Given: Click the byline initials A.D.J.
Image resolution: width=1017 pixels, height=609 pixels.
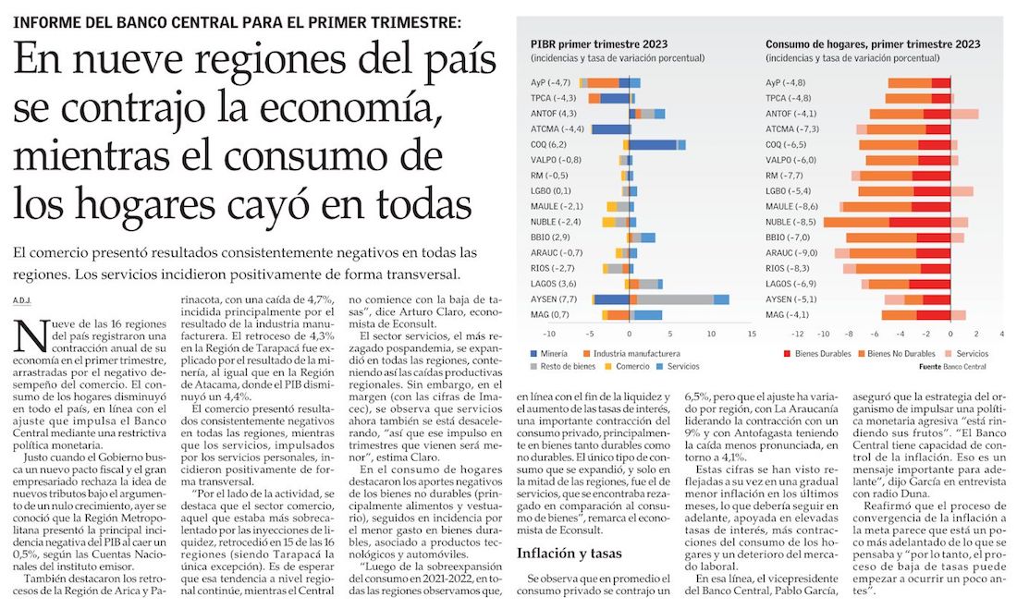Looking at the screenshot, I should coord(21,299).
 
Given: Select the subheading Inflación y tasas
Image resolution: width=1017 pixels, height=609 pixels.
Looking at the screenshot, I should coord(569,554).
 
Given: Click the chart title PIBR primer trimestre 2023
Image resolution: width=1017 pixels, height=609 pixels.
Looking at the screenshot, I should coord(598,43).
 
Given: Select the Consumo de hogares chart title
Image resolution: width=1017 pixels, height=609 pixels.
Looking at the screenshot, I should coord(873,43).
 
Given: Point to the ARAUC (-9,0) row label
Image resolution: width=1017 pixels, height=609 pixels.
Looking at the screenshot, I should coord(792,252).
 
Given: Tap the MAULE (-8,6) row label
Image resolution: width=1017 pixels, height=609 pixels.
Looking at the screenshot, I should coord(792,206).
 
